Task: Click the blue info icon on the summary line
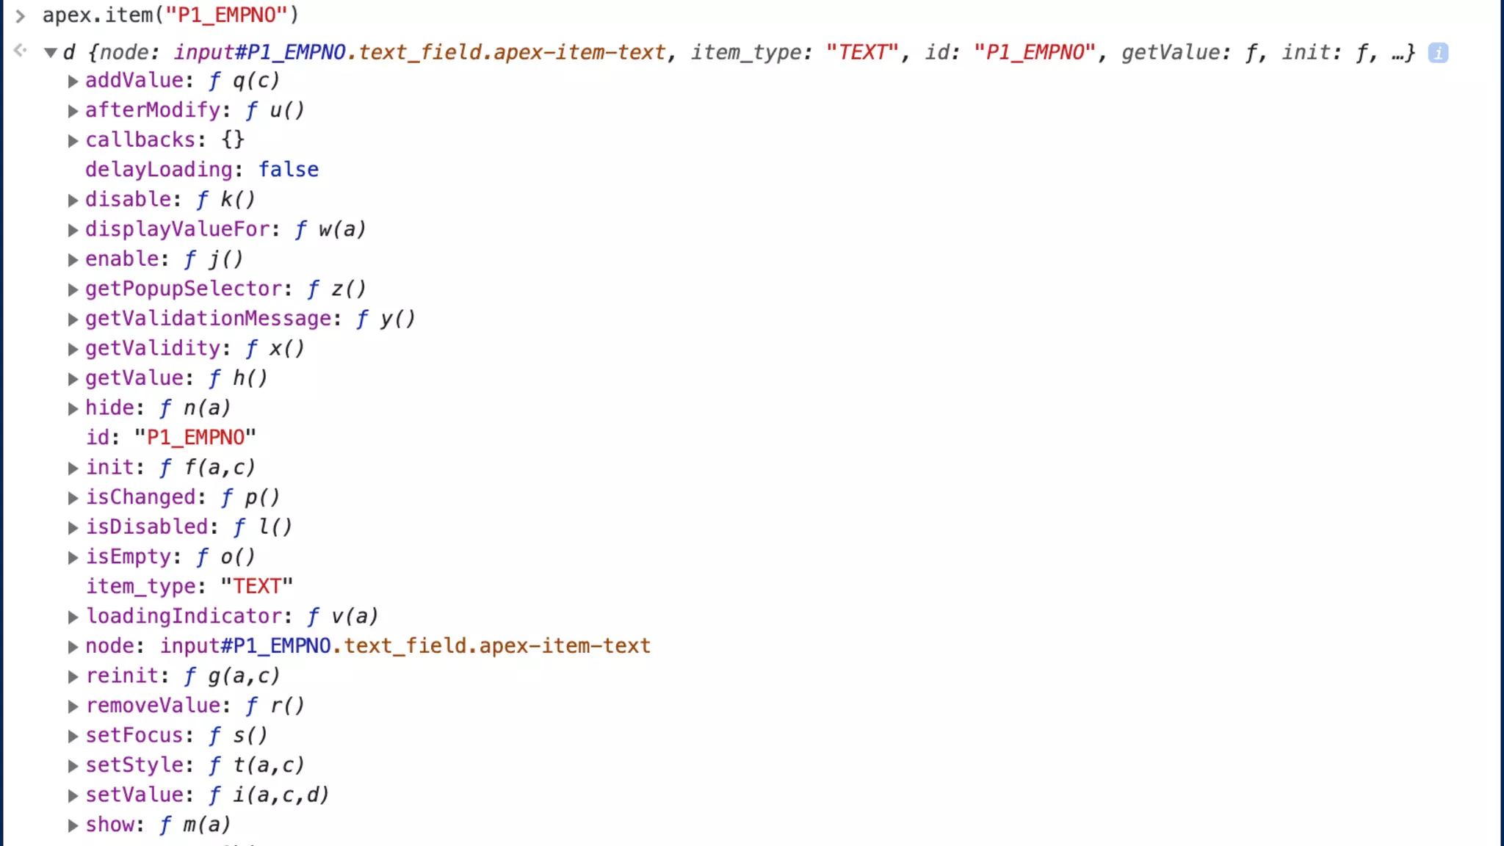(1438, 53)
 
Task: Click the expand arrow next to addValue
(73, 82)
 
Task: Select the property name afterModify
(153, 110)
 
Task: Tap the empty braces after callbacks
(233, 140)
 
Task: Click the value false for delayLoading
(288, 170)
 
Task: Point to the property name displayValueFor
(178, 229)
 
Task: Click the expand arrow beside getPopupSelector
(73, 290)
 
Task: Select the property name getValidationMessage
(209, 319)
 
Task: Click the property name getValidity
(153, 348)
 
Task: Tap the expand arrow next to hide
(73, 409)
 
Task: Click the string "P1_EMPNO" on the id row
(195, 438)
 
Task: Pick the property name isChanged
(141, 497)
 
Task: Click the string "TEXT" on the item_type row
(257, 586)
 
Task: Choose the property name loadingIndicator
(184, 616)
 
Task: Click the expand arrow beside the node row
(73, 647)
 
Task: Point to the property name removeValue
(153, 706)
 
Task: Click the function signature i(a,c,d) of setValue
(281, 795)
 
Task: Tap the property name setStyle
(134, 765)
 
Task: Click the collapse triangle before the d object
(51, 53)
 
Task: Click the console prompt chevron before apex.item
(21, 15)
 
